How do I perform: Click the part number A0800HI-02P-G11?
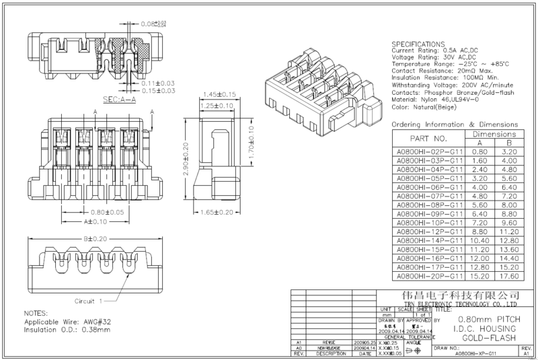(x=429, y=152)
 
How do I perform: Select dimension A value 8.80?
(x=479, y=231)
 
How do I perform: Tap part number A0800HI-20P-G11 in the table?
(x=429, y=275)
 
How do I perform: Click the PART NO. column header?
(x=429, y=138)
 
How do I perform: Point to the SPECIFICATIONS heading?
(x=422, y=44)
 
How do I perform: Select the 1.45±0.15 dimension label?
(x=218, y=94)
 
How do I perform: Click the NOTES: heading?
(x=36, y=314)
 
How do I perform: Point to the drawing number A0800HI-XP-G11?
(x=475, y=353)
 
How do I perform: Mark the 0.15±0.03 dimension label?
(x=158, y=90)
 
